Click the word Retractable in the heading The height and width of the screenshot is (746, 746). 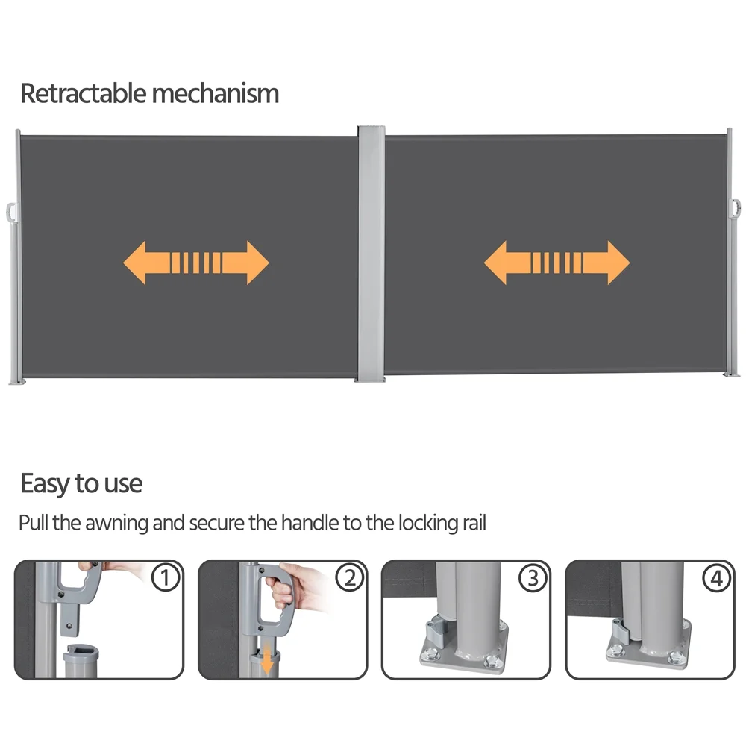point(84,93)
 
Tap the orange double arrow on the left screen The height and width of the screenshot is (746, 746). point(196,263)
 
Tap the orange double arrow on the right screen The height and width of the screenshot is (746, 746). point(557,263)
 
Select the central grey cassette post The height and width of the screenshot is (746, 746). point(371,254)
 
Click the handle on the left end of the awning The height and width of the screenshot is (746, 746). point(11,213)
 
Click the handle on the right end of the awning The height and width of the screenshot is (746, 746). point(736,207)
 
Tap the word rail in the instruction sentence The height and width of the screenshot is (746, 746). point(474,522)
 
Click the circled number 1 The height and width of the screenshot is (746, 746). point(166,577)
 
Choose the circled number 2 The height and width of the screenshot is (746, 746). point(350,577)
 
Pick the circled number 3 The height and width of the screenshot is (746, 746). point(533,577)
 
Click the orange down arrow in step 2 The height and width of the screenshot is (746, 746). point(267,657)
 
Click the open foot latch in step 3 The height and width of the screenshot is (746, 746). point(435,631)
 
